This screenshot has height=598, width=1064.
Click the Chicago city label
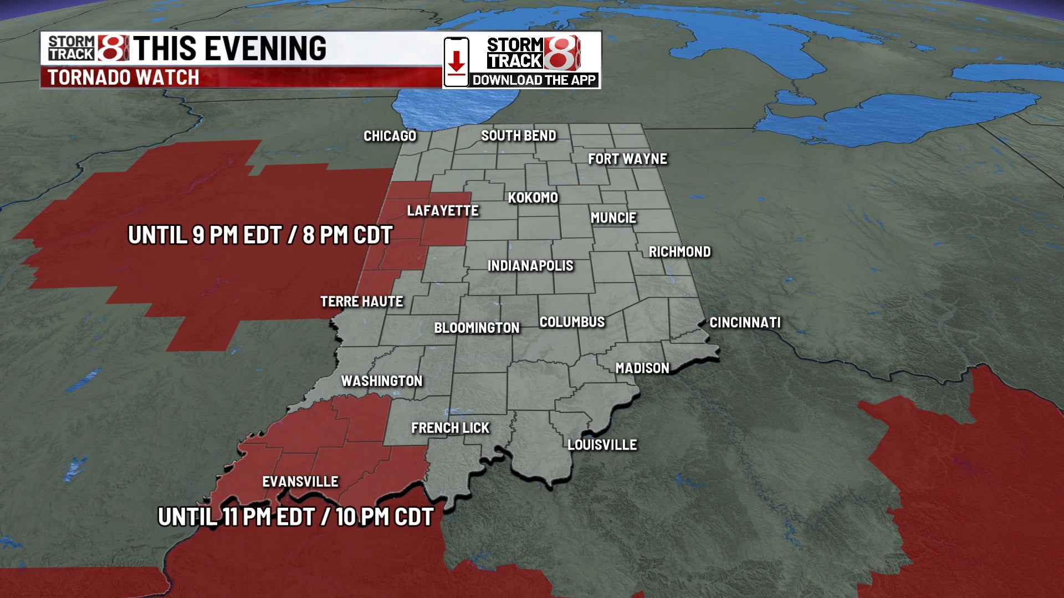point(390,136)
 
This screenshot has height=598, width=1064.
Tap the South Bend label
point(518,136)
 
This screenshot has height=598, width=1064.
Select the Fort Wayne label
point(627,159)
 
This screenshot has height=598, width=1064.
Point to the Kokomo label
point(533,198)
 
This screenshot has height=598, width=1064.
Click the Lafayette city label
point(442,211)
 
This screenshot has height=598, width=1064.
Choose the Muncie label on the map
point(613,218)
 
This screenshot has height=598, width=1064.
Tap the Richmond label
point(679,252)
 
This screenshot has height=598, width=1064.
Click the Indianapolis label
point(530,266)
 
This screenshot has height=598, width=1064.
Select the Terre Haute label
point(361,302)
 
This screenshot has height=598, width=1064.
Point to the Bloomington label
point(477,328)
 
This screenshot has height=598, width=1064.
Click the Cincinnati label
point(745,323)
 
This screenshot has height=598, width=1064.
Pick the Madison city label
point(642,368)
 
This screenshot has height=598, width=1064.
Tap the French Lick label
point(450,428)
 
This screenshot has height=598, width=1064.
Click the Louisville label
point(602,445)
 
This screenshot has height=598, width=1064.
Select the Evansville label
point(300,482)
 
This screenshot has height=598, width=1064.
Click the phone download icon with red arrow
point(456,62)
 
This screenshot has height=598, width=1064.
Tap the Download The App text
point(534,80)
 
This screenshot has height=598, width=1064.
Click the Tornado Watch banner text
point(123,78)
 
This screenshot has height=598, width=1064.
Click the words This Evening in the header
point(229,48)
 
